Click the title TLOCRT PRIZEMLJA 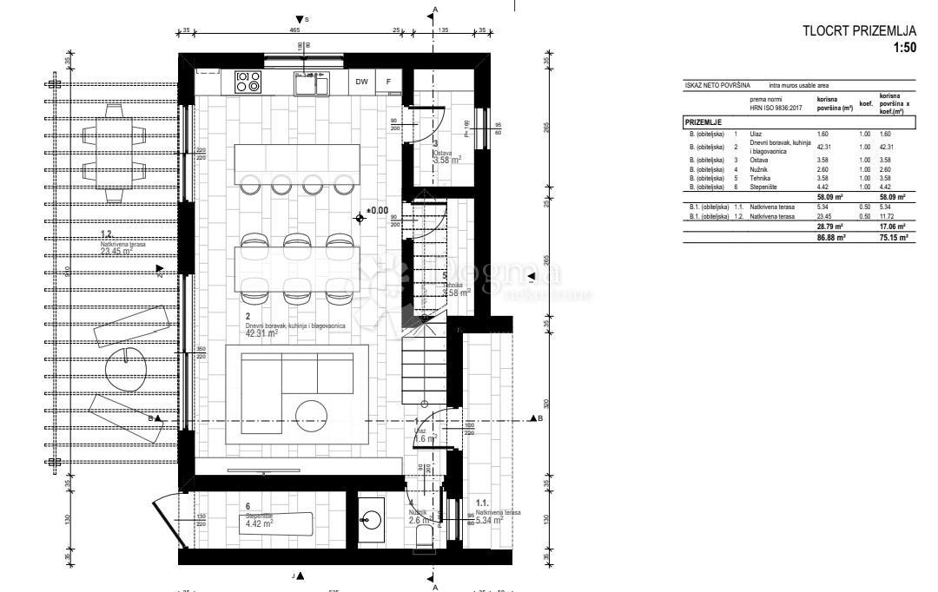coord(861,32)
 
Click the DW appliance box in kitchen coord(361,82)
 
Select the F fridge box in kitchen coord(389,82)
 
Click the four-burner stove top coord(248,82)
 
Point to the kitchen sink coord(310,83)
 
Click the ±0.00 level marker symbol coord(360,217)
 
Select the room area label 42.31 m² coord(261,332)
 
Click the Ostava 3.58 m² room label coord(447,159)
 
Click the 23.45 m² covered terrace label coord(122,252)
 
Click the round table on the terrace coord(128,369)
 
